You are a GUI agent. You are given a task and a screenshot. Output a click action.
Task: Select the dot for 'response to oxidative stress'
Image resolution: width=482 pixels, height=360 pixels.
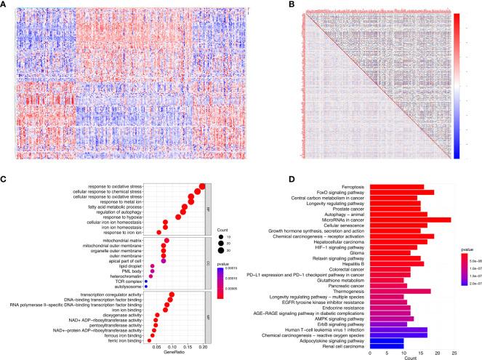[202, 186]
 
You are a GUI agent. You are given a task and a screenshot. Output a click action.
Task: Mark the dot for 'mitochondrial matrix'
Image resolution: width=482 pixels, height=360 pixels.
[167, 240]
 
